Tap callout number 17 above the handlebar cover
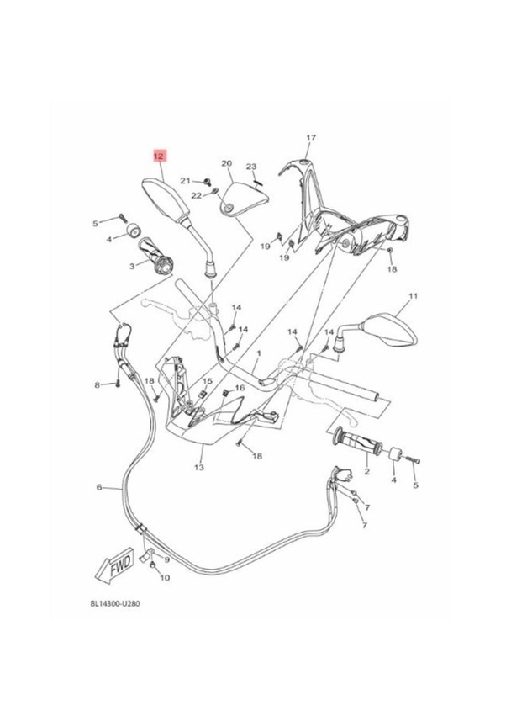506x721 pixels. pos(310,137)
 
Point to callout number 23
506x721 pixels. pos(250,167)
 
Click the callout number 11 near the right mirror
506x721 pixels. pos(413,297)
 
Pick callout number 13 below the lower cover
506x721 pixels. pos(199,465)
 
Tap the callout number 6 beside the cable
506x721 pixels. pos(99,486)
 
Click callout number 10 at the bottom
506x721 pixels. pos(165,578)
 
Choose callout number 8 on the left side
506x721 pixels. pos(98,384)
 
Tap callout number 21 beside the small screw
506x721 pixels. pos(187,180)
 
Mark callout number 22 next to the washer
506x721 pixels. pos(196,195)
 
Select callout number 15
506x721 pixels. pos(208,382)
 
